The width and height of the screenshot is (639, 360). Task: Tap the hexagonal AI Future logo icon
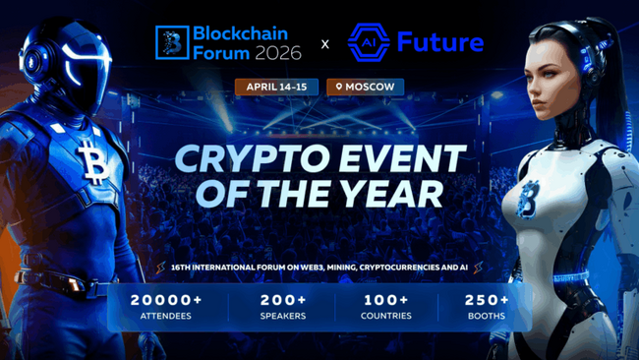pos(369,42)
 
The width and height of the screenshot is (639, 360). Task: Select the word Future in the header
pos(439,43)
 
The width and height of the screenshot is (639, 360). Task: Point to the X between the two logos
pos(324,44)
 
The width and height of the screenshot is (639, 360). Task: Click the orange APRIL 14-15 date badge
pos(276,87)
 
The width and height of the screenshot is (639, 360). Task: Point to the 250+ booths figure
pos(488,299)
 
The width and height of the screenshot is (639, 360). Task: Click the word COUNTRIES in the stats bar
pos(384,317)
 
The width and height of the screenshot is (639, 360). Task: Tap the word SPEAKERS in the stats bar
pos(281,317)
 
